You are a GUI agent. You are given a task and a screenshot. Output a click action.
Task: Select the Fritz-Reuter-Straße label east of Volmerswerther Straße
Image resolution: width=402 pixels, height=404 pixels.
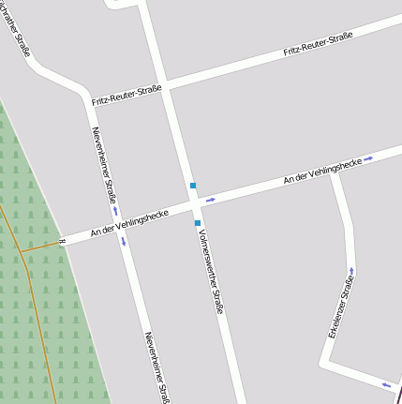tap(318, 44)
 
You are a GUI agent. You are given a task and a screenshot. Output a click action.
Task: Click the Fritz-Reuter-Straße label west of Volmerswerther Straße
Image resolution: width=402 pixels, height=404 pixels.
tap(127, 95)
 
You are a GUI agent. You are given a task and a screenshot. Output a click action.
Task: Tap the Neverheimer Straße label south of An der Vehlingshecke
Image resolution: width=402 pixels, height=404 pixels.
tap(156, 367)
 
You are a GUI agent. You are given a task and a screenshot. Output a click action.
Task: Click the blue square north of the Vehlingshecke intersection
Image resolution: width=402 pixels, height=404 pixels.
tap(192, 186)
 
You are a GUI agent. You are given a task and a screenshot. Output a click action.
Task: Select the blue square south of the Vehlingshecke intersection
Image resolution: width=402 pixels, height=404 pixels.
tap(197, 223)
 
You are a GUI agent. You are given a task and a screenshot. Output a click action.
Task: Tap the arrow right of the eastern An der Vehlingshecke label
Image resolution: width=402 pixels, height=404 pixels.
tap(369, 158)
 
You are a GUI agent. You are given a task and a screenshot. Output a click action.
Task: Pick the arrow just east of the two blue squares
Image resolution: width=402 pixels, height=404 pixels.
tap(211, 199)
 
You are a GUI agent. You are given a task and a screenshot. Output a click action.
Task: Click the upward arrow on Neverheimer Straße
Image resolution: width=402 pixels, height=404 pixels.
tap(115, 211)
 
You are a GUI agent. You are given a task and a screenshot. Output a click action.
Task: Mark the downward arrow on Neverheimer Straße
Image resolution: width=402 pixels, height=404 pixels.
tap(123, 243)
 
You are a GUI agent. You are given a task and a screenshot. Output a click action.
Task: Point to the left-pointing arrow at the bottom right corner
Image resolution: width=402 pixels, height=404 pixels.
tap(385, 383)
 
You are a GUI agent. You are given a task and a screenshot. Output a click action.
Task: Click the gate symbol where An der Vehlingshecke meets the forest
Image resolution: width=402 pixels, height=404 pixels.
tap(62, 241)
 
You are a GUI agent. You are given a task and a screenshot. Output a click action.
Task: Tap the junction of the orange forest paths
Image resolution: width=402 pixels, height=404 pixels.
tap(22, 251)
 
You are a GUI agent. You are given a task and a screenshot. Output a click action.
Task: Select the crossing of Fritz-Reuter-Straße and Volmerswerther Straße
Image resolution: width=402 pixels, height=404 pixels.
tap(165, 87)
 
